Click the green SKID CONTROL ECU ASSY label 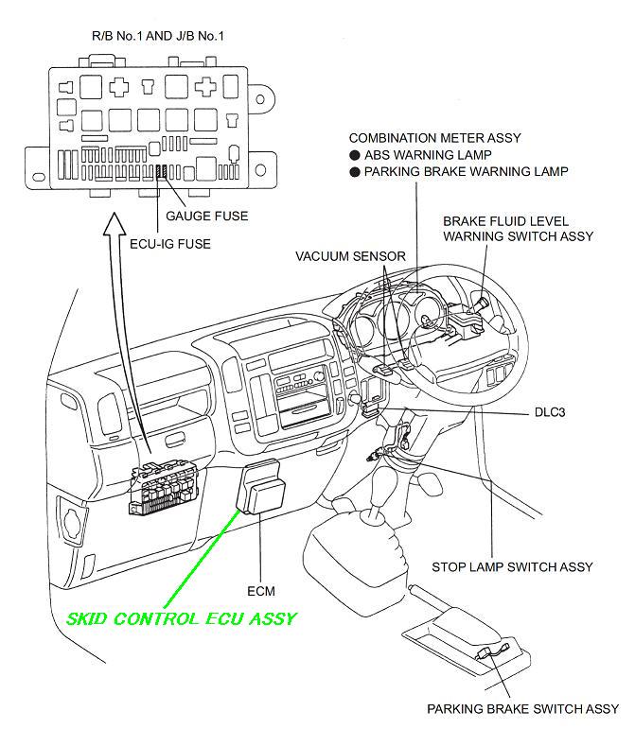click(181, 619)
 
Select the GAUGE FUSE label click(206, 216)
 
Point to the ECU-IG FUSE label click(169, 243)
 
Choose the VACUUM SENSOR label click(350, 256)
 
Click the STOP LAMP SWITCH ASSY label click(512, 567)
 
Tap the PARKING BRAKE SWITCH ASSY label click(522, 708)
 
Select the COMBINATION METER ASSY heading click(435, 138)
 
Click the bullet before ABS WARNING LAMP click(354, 155)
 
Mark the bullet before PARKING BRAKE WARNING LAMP click(354, 172)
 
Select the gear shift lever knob click(374, 496)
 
